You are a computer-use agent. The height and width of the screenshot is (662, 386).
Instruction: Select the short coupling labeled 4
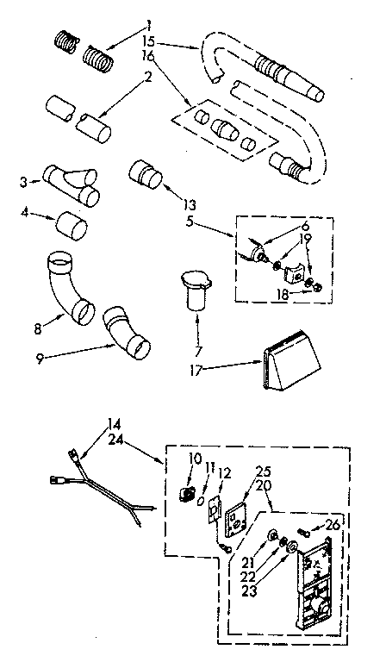pyautogui.click(x=72, y=227)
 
